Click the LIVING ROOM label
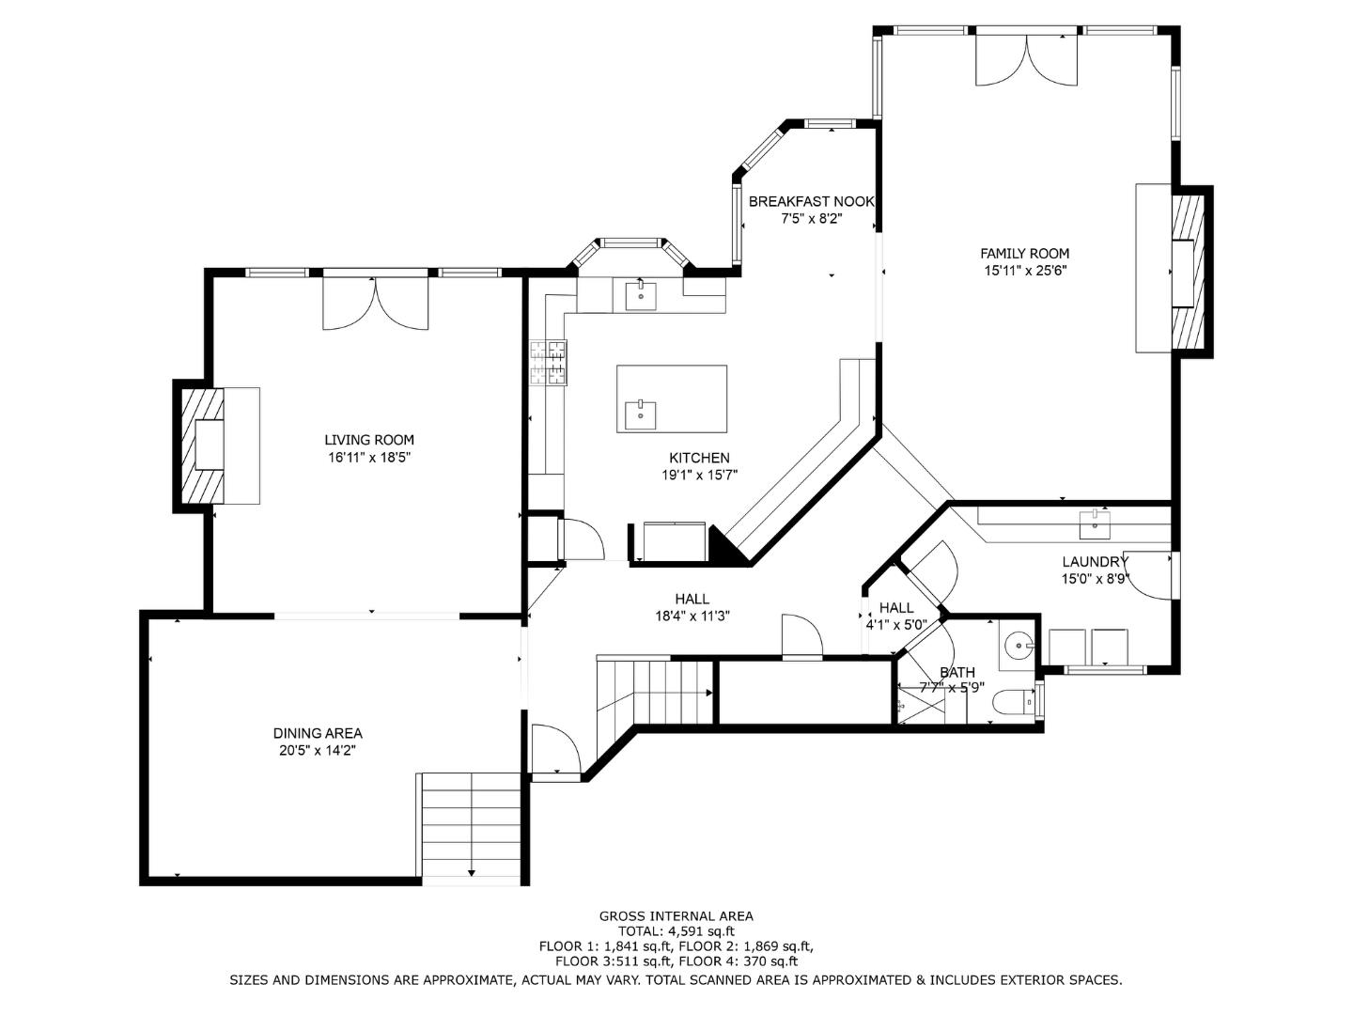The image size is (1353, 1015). (x=369, y=440)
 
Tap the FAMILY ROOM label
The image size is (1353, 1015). (x=1024, y=254)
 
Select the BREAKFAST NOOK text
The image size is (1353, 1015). (x=811, y=201)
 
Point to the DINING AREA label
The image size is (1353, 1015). (x=318, y=733)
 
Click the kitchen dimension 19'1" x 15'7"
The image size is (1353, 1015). (x=700, y=476)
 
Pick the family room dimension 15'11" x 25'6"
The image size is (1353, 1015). (x=1024, y=271)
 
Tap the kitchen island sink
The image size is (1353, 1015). (x=641, y=415)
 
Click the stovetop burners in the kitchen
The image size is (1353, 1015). (x=548, y=364)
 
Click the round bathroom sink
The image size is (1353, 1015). (x=1018, y=646)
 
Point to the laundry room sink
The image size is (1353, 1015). (x=1094, y=523)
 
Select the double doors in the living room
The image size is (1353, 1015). (x=376, y=304)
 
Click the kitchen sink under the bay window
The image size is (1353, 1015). (x=641, y=296)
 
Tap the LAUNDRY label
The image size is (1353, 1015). (x=1095, y=561)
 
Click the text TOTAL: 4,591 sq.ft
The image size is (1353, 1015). (x=676, y=931)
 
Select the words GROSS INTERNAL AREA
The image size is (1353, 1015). (x=676, y=916)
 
